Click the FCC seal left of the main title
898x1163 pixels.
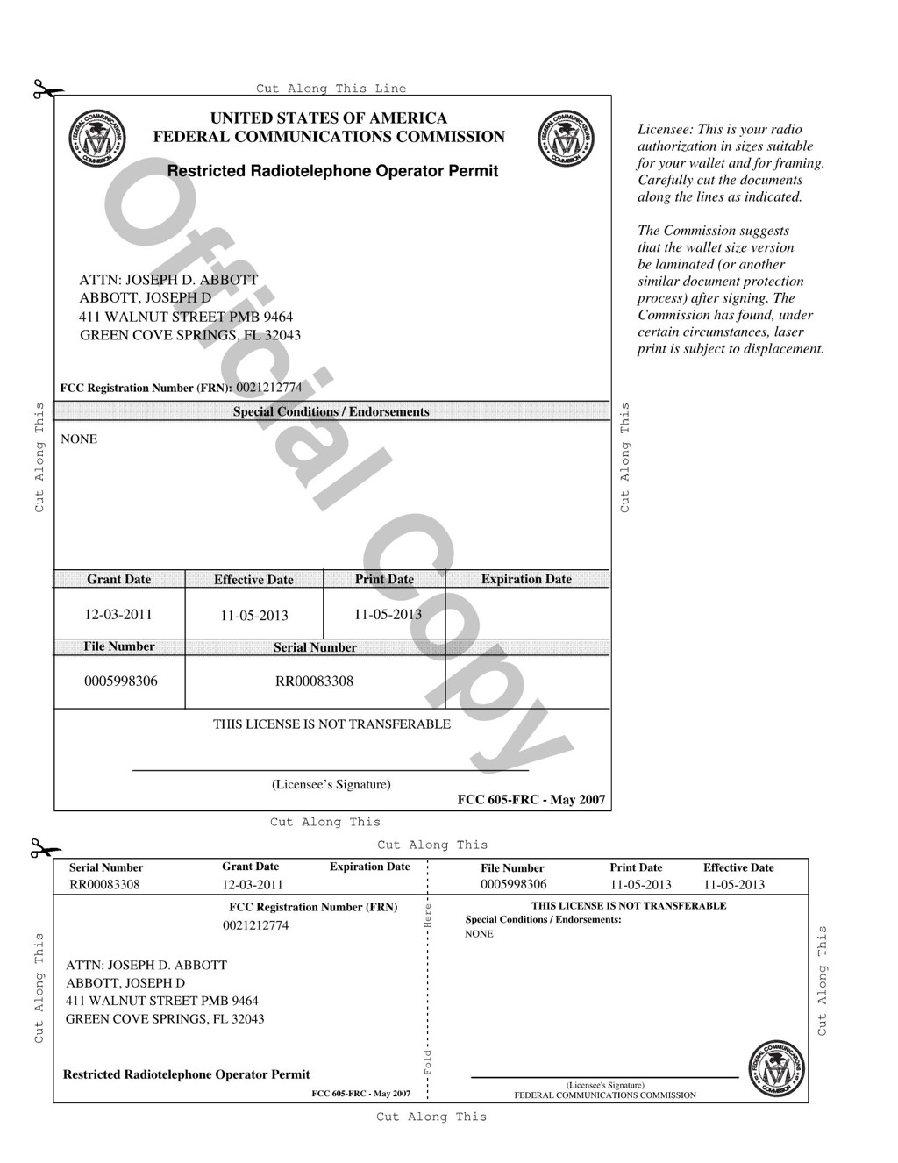pyautogui.click(x=97, y=139)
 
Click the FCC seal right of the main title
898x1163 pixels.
pyautogui.click(x=567, y=139)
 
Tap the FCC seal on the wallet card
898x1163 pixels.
pyautogui.click(x=776, y=1068)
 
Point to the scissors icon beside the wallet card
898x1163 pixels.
pyautogui.click(x=45, y=848)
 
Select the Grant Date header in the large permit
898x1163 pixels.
pyautogui.click(x=119, y=579)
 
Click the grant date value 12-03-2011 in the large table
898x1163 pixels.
pyautogui.click(x=118, y=614)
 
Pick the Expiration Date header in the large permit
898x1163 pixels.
pyautogui.click(x=526, y=579)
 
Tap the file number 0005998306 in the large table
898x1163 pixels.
pyautogui.click(x=121, y=681)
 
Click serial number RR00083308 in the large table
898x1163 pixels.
pyautogui.click(x=314, y=681)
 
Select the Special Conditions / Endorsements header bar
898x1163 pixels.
pyautogui.click(x=331, y=411)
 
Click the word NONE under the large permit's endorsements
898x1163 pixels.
pyautogui.click(x=79, y=439)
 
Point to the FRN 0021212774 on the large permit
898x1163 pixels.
pyautogui.click(x=269, y=387)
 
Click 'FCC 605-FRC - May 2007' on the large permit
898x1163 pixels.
pyautogui.click(x=531, y=799)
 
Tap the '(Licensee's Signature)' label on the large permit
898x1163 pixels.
pyautogui.click(x=331, y=784)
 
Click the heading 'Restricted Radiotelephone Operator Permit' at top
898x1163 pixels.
pyautogui.click(x=332, y=171)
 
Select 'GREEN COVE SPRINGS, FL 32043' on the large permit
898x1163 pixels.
pyautogui.click(x=190, y=335)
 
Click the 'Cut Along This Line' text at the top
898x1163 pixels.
pyautogui.click(x=331, y=89)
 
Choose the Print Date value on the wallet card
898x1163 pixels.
pyautogui.click(x=641, y=884)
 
